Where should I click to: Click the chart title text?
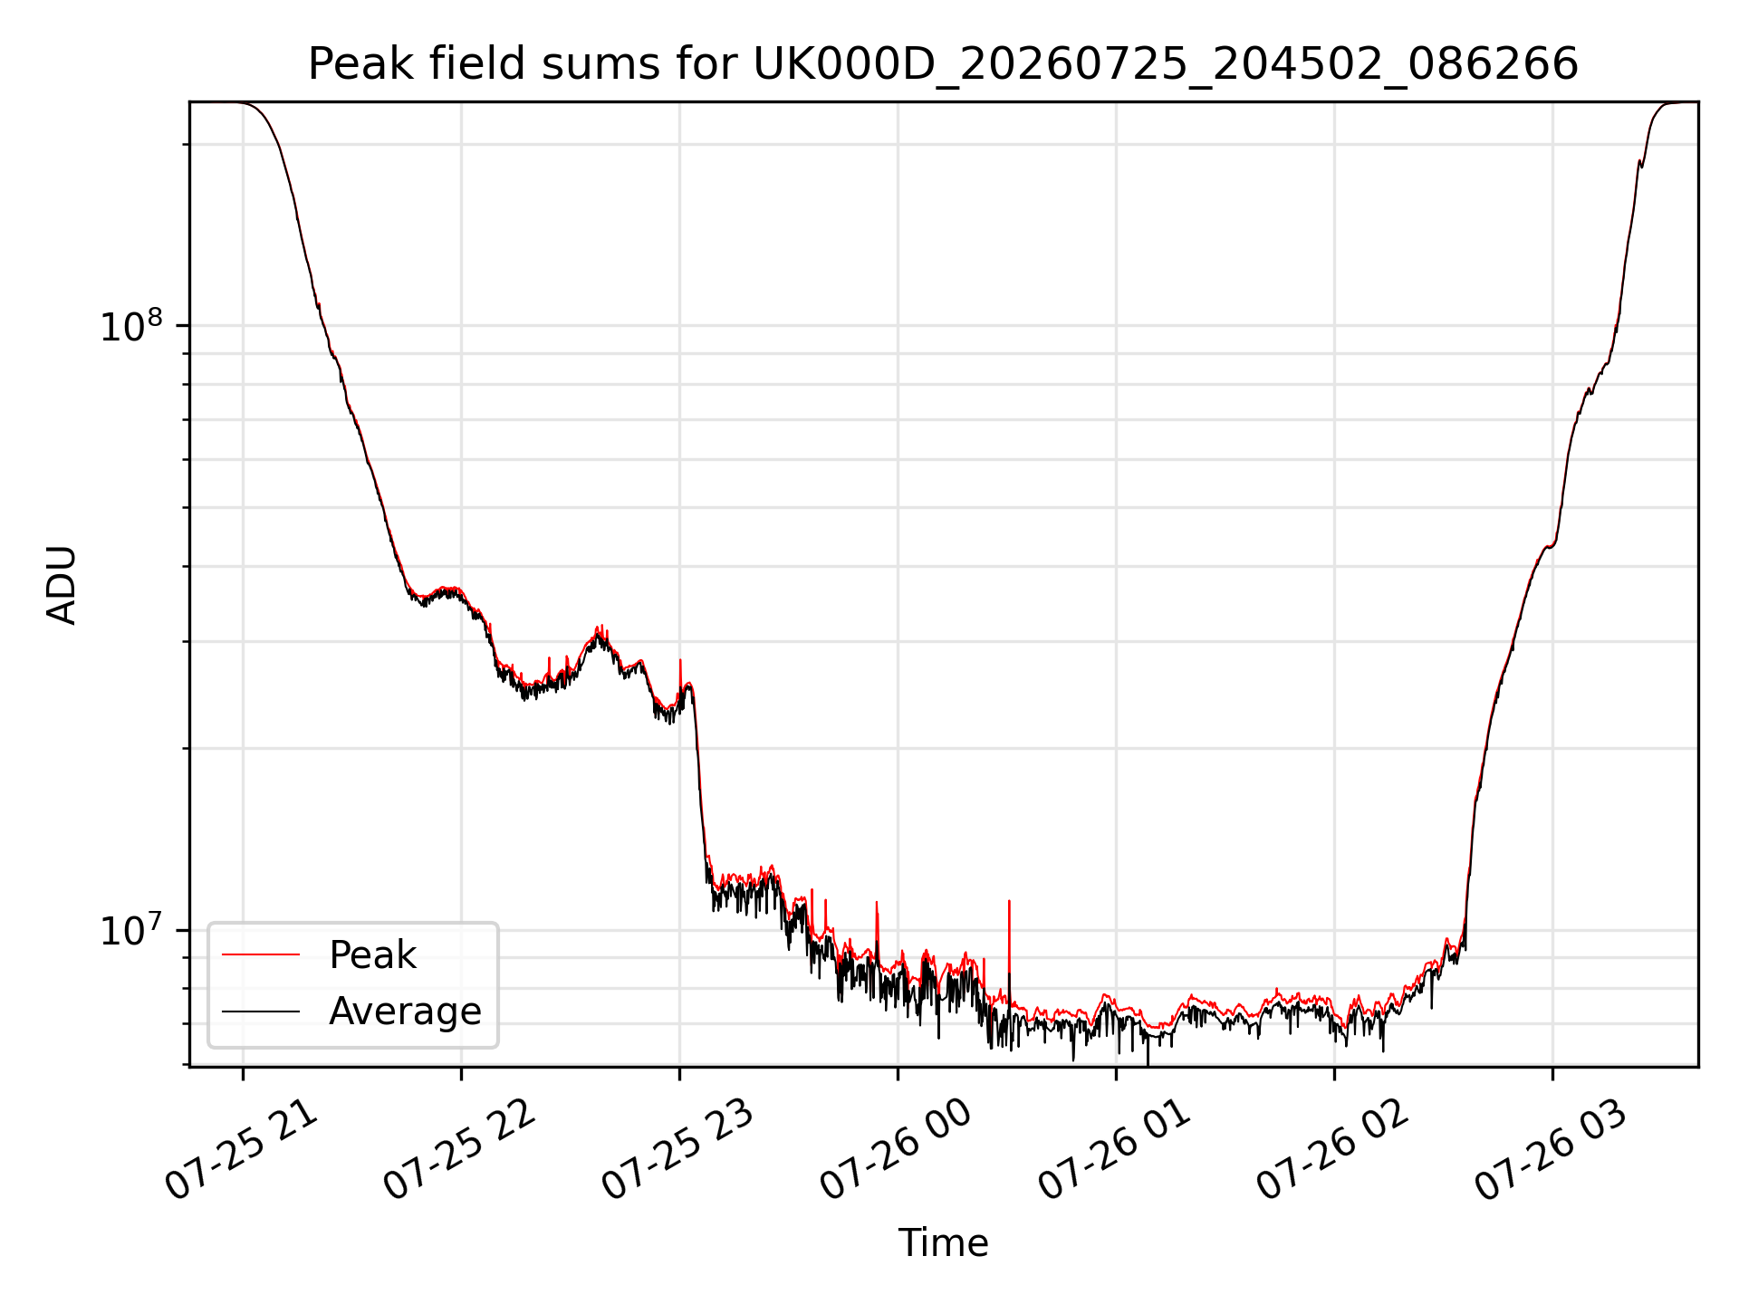pos(943,64)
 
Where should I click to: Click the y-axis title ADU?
pos(62,584)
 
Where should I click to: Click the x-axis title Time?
pos(943,1242)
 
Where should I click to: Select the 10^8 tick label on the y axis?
pos(131,325)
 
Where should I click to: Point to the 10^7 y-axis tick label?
pos(131,930)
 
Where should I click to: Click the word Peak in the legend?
pos(372,955)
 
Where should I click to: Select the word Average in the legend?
pos(405,1012)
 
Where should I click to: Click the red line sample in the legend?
pos(261,954)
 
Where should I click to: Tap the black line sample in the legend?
pos(261,1011)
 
